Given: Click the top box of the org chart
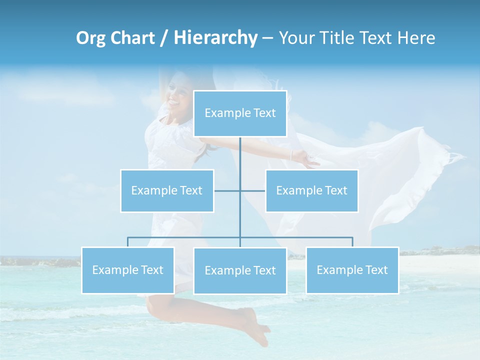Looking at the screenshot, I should [x=240, y=113].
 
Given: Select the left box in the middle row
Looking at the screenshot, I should [x=167, y=190].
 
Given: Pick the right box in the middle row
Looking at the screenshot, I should [x=311, y=190].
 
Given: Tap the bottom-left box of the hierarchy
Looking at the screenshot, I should [x=128, y=270].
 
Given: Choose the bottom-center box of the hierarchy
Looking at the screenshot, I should [x=240, y=270].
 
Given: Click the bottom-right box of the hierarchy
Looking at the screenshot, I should [x=352, y=270].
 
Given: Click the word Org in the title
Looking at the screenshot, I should [x=91, y=38].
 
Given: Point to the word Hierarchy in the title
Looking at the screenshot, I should [x=215, y=38].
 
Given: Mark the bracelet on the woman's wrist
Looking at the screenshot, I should [x=291, y=155].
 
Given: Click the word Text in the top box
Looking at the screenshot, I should [x=264, y=113].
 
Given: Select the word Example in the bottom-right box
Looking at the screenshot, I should [x=338, y=270].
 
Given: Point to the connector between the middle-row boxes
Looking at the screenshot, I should [x=240, y=190].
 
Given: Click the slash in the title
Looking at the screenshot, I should [x=164, y=38].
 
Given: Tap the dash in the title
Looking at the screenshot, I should [x=267, y=38].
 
